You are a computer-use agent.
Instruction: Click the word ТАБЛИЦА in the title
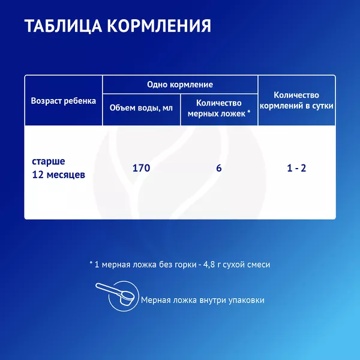64,26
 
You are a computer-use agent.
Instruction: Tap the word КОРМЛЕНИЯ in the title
159,25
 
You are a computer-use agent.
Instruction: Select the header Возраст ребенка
64,101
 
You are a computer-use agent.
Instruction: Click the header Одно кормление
180,85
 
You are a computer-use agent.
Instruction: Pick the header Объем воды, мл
141,108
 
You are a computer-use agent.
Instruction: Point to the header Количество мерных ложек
219,108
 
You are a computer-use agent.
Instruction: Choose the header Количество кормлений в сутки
296,100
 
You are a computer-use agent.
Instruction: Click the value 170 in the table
141,168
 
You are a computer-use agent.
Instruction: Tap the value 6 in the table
219,168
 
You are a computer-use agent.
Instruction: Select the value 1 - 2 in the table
296,168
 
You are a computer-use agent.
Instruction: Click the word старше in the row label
49,161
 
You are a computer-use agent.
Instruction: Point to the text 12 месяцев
59,175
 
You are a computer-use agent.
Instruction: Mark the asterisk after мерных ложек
248,112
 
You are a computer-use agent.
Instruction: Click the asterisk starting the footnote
91,263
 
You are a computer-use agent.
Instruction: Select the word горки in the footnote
186,265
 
